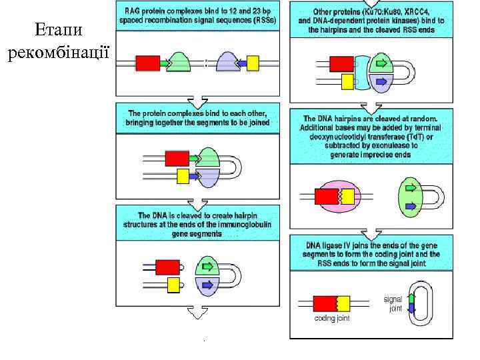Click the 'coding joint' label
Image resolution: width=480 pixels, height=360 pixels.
(332, 318)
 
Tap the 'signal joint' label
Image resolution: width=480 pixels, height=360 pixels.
(393, 304)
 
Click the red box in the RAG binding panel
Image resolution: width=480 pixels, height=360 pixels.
(147, 63)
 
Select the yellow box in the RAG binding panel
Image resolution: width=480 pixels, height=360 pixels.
(253, 63)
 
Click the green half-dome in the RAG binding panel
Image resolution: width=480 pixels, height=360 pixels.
(178, 61)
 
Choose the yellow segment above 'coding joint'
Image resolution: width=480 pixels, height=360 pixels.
(342, 304)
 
